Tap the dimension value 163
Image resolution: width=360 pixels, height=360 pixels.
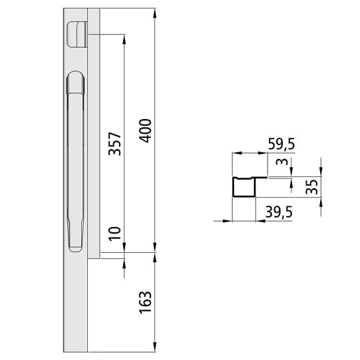click(145, 303)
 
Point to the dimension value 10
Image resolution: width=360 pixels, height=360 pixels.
click(114, 234)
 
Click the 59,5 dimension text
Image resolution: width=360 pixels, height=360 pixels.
click(281, 142)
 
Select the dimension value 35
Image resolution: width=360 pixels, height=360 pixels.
click(310, 186)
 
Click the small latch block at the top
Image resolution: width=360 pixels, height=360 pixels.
click(77, 33)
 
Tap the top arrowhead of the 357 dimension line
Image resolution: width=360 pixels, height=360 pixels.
click(124, 38)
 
